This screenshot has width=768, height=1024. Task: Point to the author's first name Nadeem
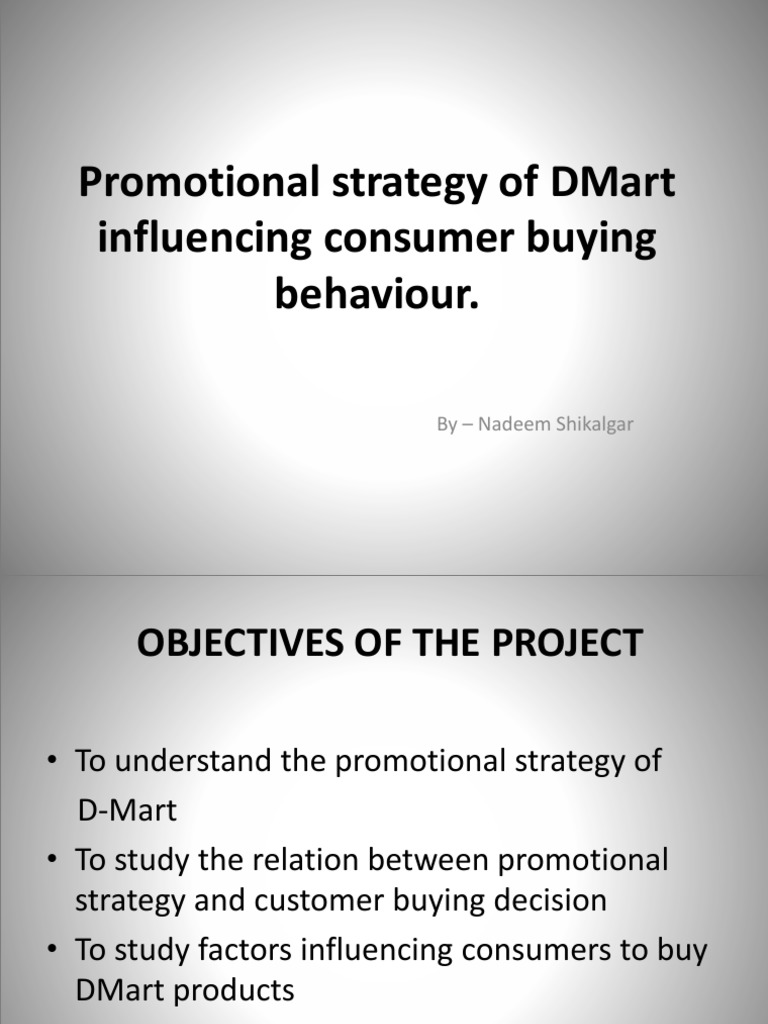(x=507, y=424)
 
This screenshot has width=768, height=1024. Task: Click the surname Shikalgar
(x=589, y=424)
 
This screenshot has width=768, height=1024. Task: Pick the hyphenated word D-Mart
(x=127, y=810)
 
